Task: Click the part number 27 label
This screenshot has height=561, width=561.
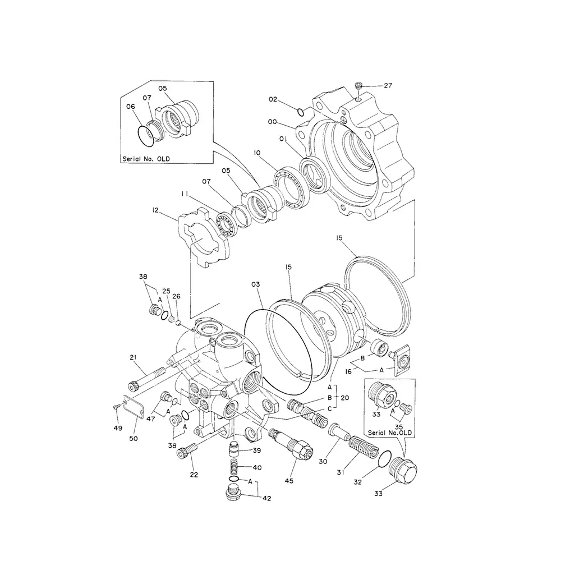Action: coord(388,86)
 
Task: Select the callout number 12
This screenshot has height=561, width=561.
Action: coord(155,211)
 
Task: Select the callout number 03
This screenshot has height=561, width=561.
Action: coord(256,285)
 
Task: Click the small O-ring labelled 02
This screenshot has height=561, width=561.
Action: coord(301,111)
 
